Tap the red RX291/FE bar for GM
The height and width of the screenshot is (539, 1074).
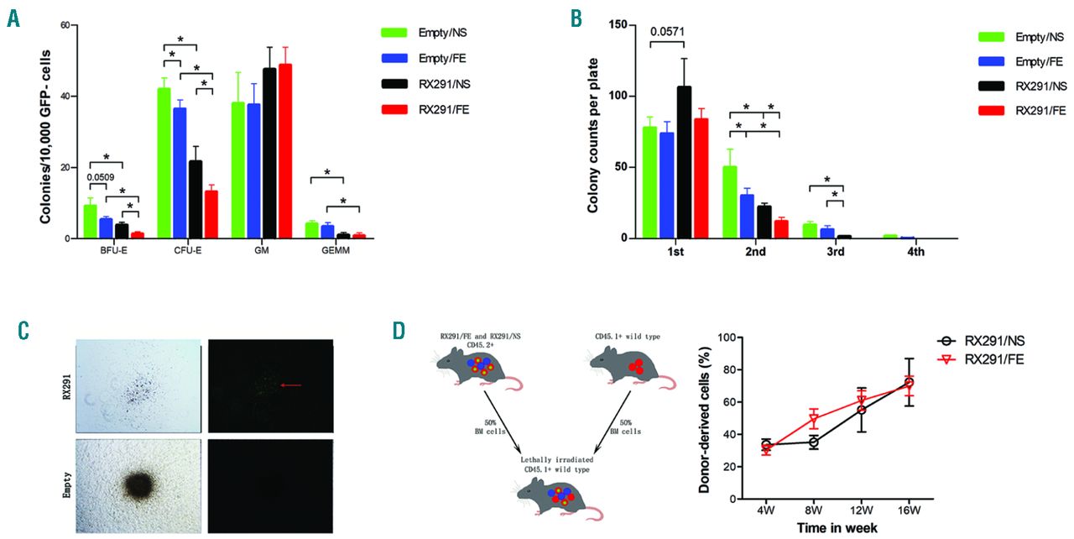(285, 151)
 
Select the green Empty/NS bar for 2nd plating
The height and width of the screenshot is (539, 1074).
(729, 202)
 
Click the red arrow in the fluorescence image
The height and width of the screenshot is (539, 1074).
(292, 385)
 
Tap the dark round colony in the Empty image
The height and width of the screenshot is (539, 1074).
(137, 484)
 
